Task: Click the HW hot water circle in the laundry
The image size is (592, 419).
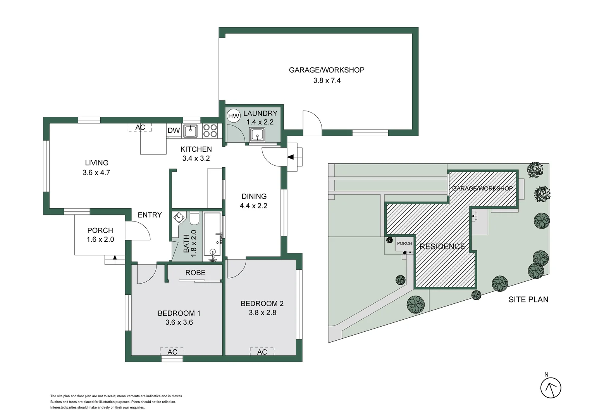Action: [234, 116]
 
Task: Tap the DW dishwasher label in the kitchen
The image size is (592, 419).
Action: [174, 130]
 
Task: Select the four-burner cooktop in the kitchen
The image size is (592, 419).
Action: [210, 131]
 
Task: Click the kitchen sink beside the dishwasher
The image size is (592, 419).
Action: [190, 131]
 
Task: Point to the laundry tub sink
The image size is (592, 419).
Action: [257, 135]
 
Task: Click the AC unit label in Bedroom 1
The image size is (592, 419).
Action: [172, 352]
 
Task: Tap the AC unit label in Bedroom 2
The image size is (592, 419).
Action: [262, 352]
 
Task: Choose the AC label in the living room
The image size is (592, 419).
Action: [140, 127]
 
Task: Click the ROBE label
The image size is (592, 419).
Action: [195, 273]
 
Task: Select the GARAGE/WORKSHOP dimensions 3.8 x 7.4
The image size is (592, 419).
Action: [327, 80]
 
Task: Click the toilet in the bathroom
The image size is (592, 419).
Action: [194, 218]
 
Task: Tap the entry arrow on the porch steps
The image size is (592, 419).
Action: [115, 258]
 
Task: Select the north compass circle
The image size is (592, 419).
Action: [551, 388]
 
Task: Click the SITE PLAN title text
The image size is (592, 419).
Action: [528, 300]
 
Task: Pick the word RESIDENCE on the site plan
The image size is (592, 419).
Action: [442, 246]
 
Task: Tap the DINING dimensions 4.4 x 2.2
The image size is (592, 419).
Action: [253, 206]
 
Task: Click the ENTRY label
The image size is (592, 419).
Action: [150, 215]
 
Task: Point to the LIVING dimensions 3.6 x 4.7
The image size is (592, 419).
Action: [96, 173]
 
